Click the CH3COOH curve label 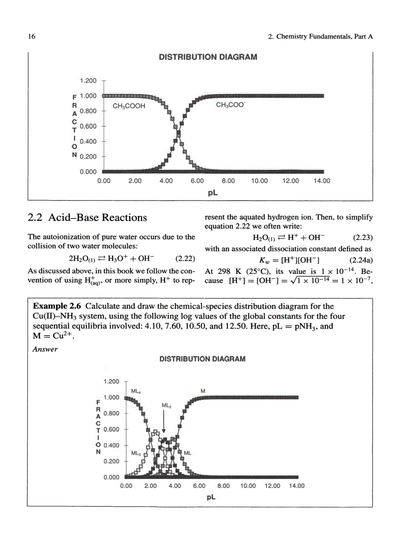click(x=129, y=106)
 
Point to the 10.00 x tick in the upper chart click(x=259, y=181)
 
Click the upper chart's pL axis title click(x=212, y=193)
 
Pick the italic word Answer click(x=45, y=349)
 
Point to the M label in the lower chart click(x=203, y=391)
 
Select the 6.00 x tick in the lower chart click(x=199, y=486)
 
